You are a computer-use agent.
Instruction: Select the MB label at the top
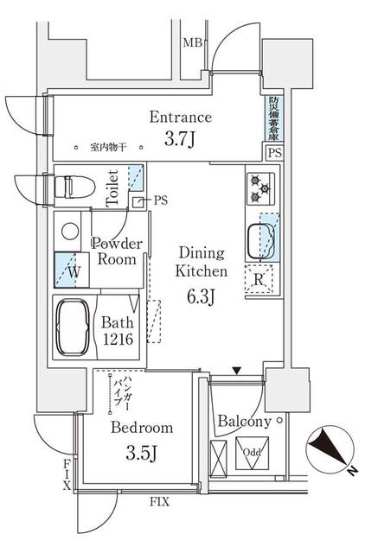tap(191, 41)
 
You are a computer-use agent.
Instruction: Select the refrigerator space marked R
tap(259, 277)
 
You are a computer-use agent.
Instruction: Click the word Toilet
tap(112, 188)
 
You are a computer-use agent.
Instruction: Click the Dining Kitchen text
tap(202, 262)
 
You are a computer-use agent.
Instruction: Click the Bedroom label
tap(141, 428)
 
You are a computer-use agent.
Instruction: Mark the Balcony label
tap(244, 422)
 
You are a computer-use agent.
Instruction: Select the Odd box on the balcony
tap(252, 453)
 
